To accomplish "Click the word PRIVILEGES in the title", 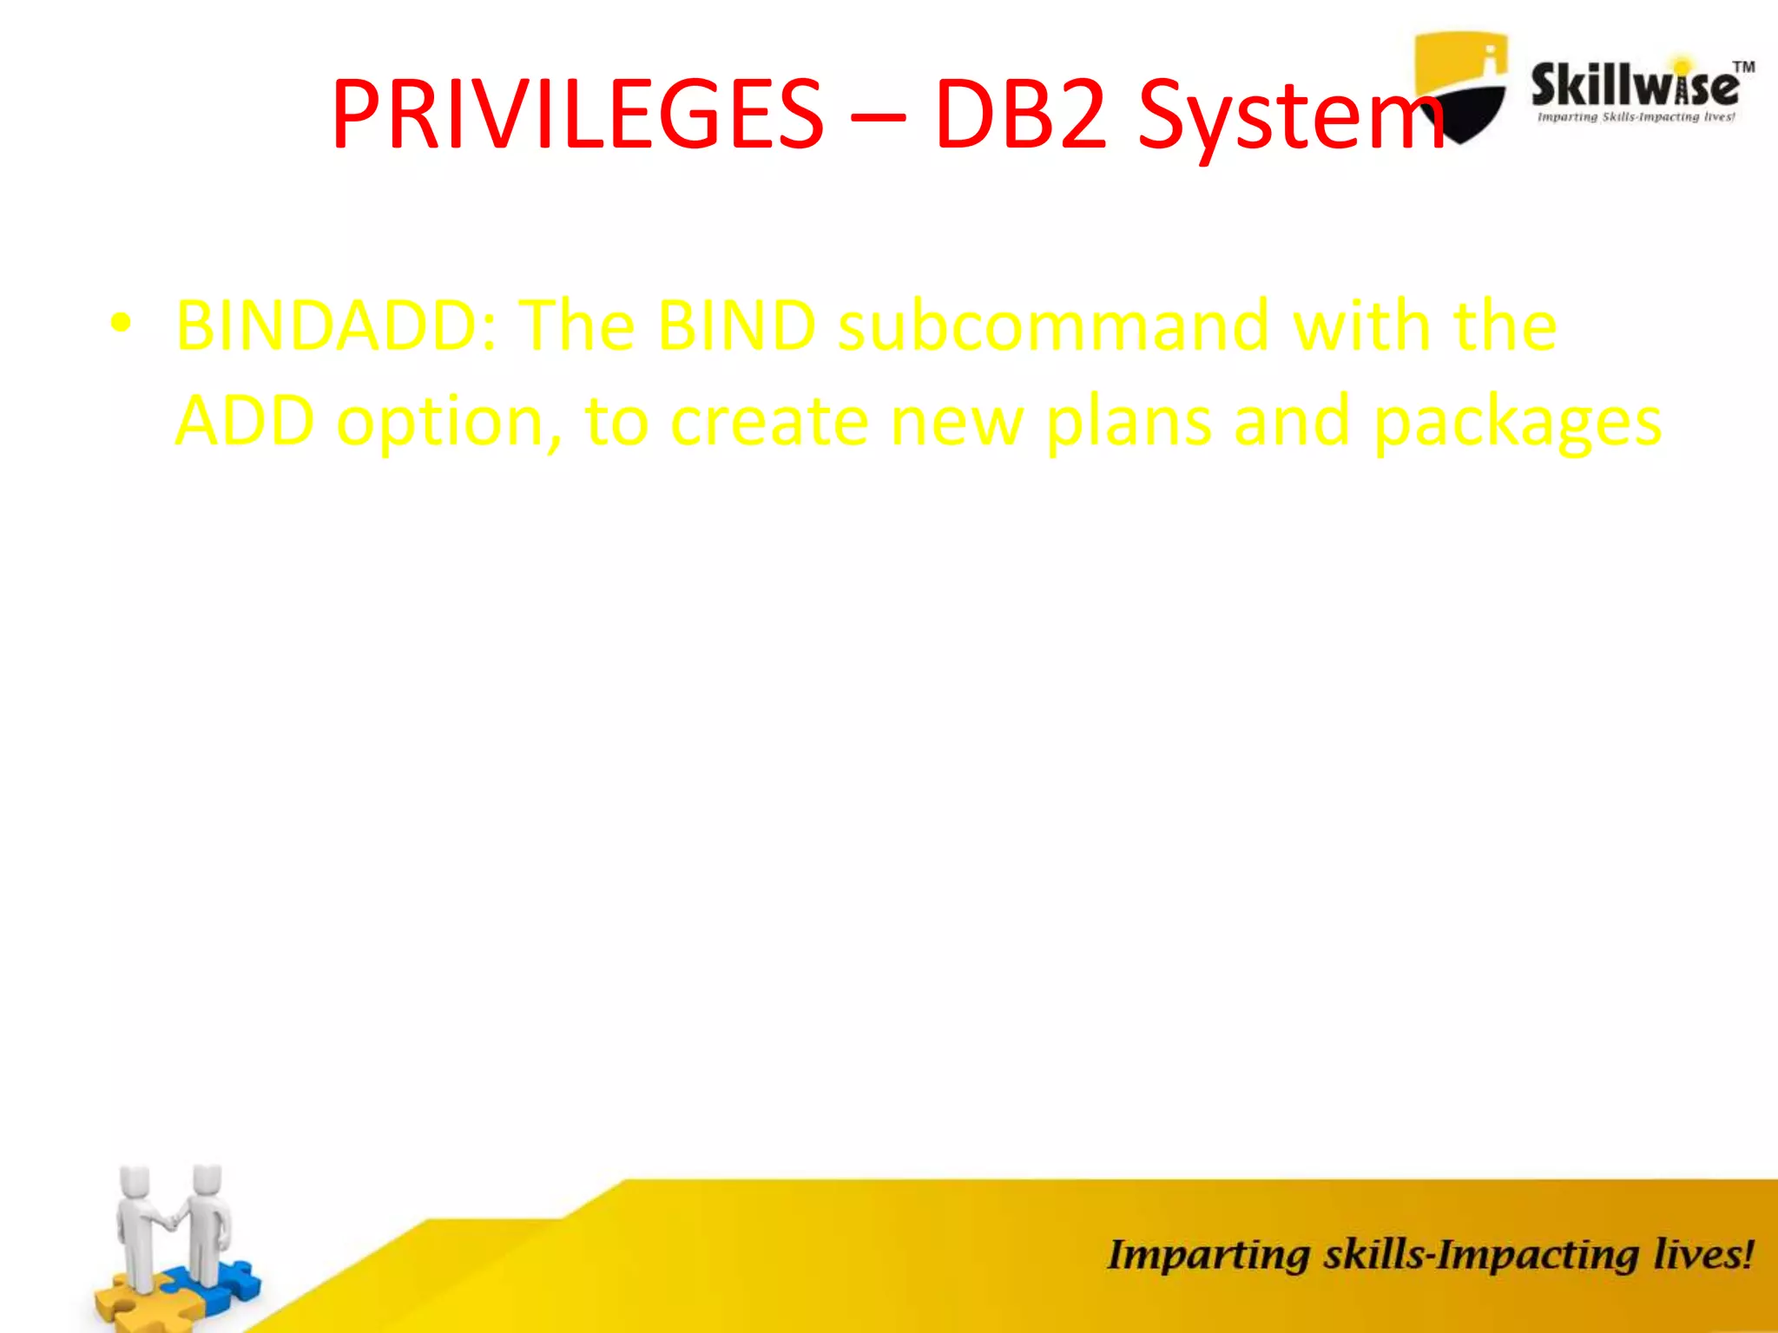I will [577, 115].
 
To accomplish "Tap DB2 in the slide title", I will [1022, 115].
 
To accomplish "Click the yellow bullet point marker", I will [121, 324].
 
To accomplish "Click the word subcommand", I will [1053, 325].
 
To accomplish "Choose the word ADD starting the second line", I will [245, 421].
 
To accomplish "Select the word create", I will [769, 421].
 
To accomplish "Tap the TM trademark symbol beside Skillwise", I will [1743, 67].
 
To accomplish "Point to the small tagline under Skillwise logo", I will [1636, 117].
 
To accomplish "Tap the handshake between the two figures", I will [173, 1221].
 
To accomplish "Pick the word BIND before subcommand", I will [736, 325].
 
